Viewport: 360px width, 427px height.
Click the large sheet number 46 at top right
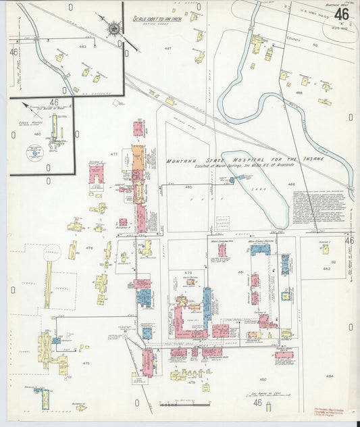coord(341,14)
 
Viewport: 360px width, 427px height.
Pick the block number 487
coord(168,49)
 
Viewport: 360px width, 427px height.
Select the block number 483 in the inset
coord(82,47)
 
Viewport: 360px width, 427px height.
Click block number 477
coord(113,155)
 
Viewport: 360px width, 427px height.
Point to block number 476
coord(88,248)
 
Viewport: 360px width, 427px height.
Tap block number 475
coord(86,363)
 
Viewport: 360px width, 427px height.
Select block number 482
coord(326,269)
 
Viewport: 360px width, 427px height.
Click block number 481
coord(240,272)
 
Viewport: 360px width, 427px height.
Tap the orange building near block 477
coord(137,157)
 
